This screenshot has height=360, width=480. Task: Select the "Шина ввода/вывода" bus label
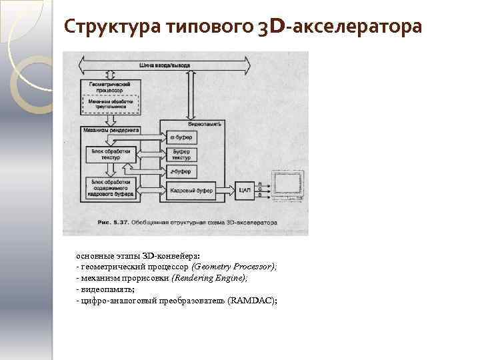pyautogui.click(x=165, y=65)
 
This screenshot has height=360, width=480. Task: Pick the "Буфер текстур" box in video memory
pyautogui.click(x=181, y=155)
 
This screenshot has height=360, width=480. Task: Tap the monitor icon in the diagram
pyautogui.click(x=287, y=187)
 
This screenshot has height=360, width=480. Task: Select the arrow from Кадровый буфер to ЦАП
pyautogui.click(x=225, y=190)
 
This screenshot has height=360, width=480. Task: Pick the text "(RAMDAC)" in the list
pyautogui.click(x=251, y=301)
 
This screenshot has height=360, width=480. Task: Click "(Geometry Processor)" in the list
pyautogui.click(x=233, y=266)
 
